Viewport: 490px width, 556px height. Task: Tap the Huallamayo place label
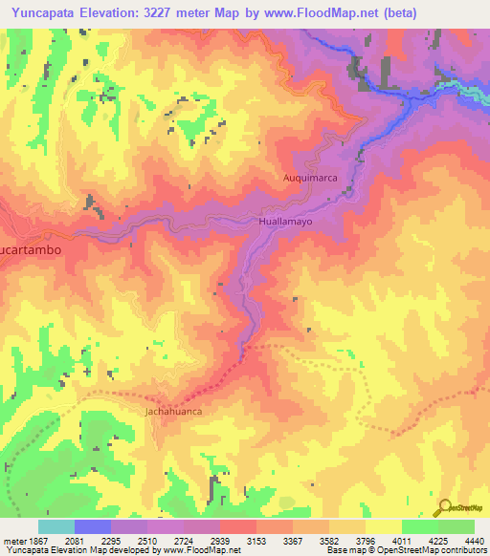286,221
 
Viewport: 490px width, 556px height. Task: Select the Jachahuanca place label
174,412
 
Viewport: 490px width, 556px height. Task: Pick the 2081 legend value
90,540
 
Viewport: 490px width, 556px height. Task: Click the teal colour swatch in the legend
56,526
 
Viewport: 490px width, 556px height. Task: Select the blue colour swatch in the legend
93,526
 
